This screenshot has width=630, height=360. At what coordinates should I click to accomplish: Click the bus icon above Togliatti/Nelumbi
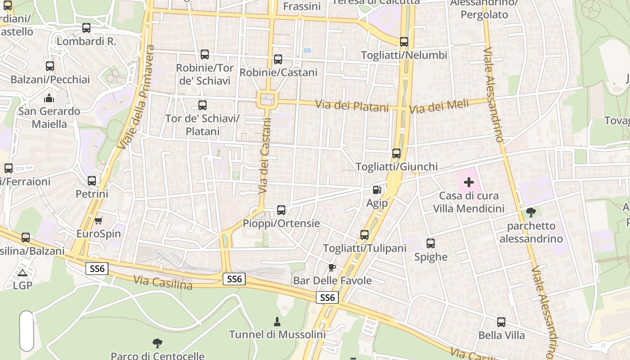click(404, 42)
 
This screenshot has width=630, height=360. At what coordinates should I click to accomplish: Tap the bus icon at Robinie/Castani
click(278, 59)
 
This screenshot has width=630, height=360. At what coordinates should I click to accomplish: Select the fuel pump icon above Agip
click(377, 190)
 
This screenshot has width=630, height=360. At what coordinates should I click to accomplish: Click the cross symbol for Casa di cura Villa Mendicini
click(469, 182)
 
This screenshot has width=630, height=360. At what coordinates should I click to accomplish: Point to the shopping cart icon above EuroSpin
click(99, 220)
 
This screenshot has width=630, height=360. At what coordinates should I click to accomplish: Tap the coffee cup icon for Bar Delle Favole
click(332, 267)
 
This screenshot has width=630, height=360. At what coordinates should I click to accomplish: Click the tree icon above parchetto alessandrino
click(531, 212)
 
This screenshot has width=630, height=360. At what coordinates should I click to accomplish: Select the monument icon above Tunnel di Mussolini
click(277, 321)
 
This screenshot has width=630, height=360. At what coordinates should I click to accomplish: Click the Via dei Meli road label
click(439, 107)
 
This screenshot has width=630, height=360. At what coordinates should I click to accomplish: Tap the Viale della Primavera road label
click(135, 97)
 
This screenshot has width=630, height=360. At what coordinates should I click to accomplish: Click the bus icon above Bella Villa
click(501, 322)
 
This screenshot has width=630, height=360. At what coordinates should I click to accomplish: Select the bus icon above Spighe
click(431, 243)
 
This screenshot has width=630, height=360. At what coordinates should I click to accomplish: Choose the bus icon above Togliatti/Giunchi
click(396, 153)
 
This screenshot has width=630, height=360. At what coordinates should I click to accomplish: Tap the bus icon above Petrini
click(92, 181)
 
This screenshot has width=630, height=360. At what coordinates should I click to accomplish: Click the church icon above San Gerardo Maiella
click(49, 98)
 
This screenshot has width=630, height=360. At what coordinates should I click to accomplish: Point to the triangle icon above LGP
click(22, 272)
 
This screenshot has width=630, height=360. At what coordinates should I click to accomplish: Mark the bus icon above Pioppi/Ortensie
click(281, 210)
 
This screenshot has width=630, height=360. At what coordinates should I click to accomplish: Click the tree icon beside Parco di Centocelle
click(157, 343)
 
